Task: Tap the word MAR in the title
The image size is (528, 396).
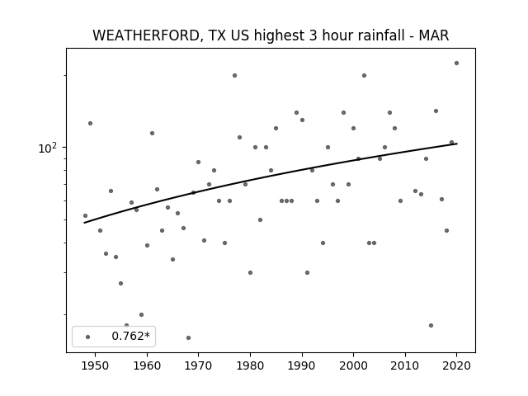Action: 434,35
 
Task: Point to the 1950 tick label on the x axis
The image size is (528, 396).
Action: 95,365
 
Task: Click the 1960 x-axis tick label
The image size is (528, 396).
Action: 147,365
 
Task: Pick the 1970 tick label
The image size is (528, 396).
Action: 198,365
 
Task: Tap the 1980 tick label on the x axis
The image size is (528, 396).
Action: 250,365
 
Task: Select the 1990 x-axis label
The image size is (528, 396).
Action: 302,365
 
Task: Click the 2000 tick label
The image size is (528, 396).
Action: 353,365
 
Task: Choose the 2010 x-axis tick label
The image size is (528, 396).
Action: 405,365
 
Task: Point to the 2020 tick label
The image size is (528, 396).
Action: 456,365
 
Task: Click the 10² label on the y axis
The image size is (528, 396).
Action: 49,148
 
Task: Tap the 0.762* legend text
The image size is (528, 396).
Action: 130,336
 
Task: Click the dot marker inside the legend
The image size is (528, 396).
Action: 88,337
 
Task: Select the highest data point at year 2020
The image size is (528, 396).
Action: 456,63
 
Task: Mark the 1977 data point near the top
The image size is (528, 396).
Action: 234,75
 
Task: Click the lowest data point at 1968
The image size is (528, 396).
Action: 188,337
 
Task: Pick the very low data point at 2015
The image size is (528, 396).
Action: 431,325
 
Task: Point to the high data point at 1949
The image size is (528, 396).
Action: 90,123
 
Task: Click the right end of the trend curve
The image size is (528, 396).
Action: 457,144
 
